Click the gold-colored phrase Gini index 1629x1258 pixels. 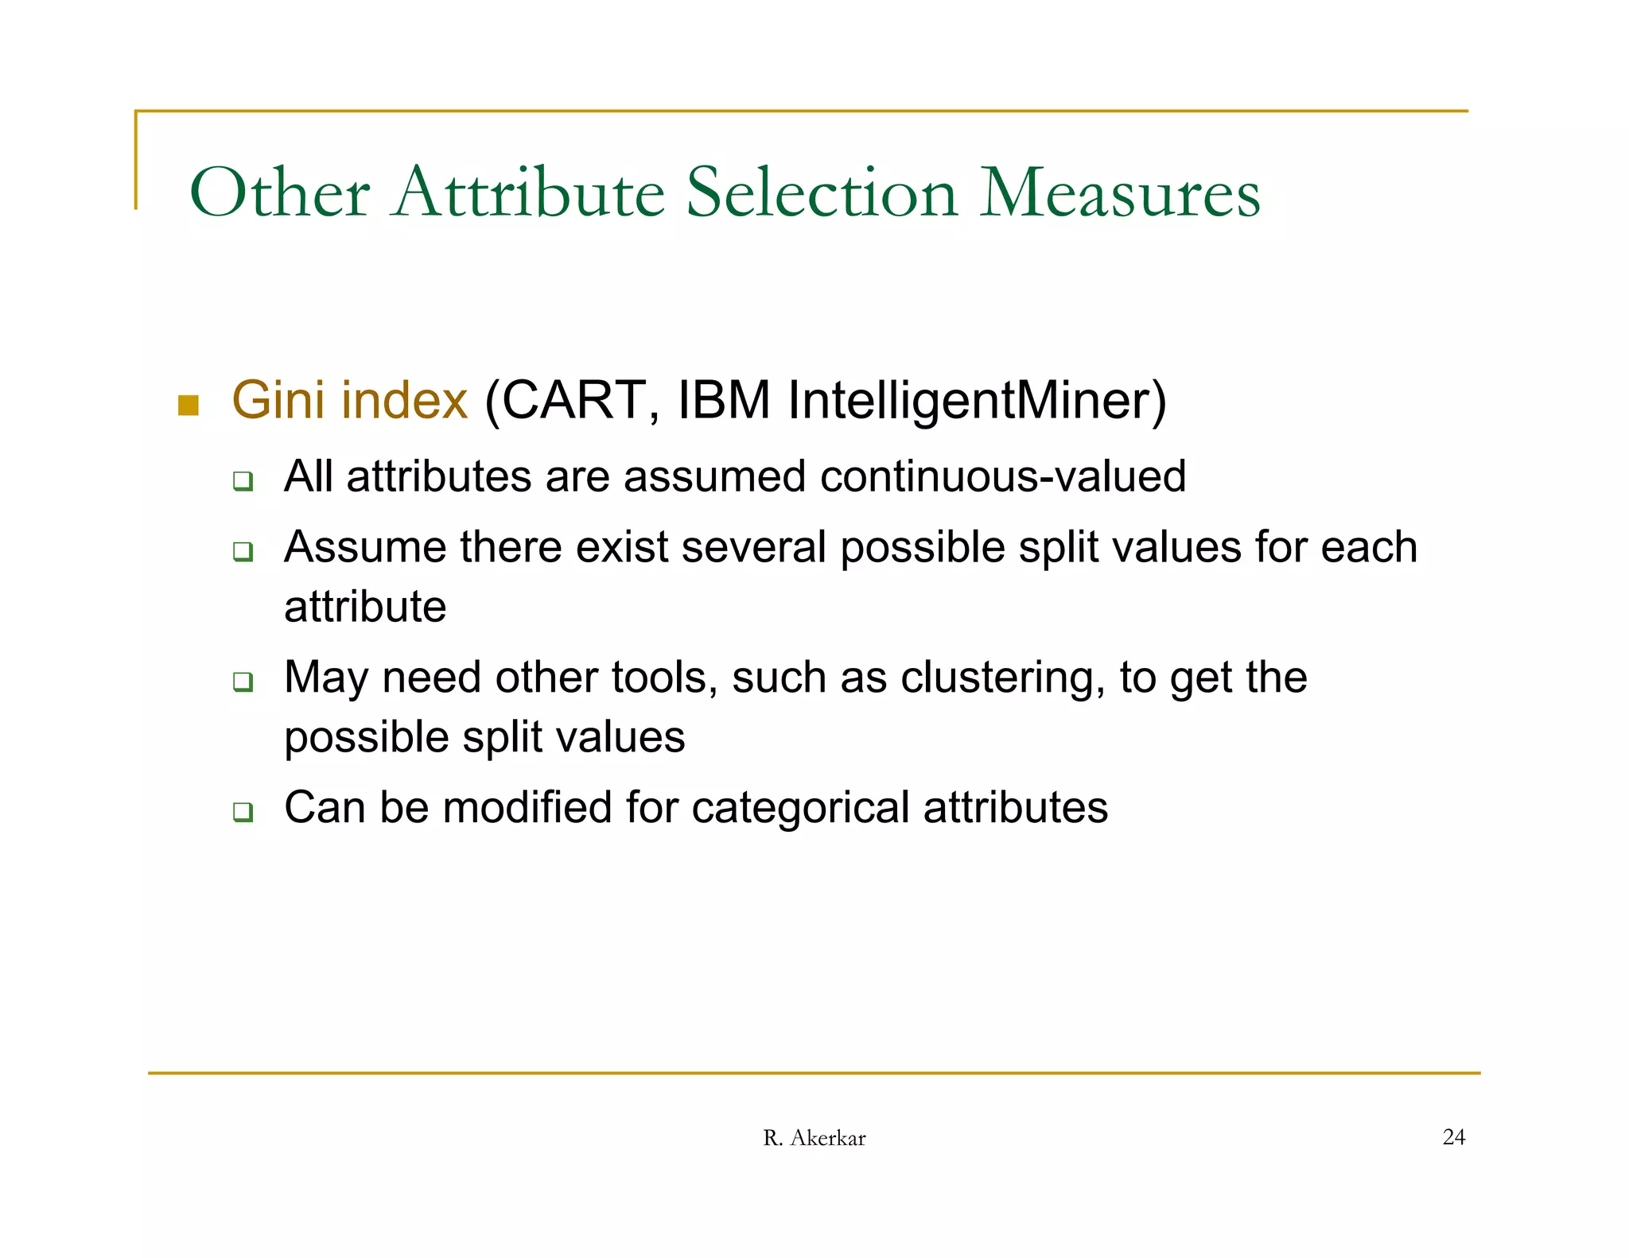coord(349,400)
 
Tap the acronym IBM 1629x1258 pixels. coord(724,400)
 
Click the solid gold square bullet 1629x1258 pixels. coord(189,406)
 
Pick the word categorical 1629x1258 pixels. coord(800,807)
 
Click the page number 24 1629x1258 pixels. coord(1453,1137)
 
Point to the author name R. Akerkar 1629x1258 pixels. coord(814,1138)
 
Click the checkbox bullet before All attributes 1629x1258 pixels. coord(243,481)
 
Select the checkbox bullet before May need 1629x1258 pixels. coord(243,682)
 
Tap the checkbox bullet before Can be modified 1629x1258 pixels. coord(243,812)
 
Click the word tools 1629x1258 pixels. coord(664,678)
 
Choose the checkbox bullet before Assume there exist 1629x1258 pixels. coord(243,552)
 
